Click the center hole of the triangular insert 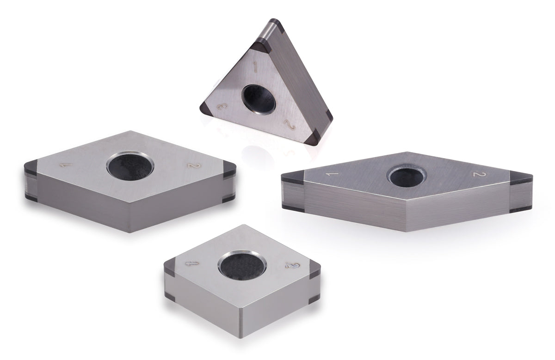pos(259,98)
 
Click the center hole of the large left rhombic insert pos(130,167)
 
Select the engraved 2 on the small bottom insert pos(291,266)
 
